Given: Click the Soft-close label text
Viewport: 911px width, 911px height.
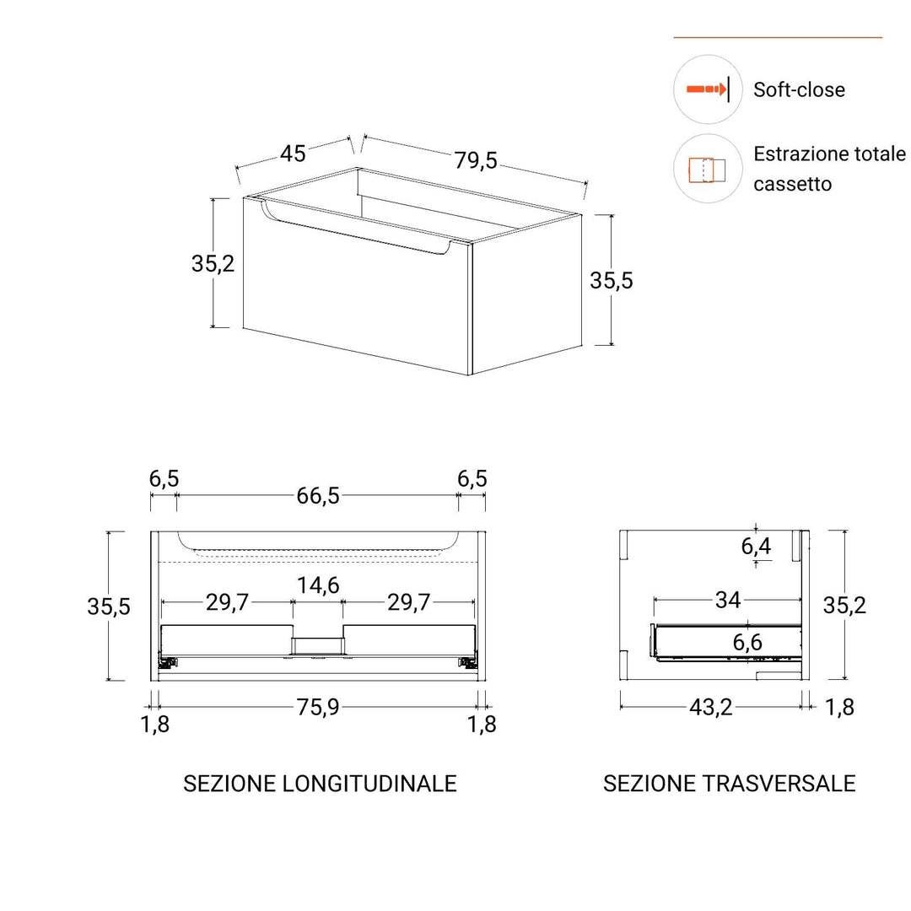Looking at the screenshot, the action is click(x=799, y=89).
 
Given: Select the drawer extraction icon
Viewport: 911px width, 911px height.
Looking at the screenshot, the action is click(x=707, y=170).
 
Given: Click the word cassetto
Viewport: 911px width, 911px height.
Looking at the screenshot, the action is click(x=792, y=184).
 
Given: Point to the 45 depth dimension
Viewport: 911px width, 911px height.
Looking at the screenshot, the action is click(x=293, y=154).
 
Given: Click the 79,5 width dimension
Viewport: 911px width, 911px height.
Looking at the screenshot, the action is click(x=476, y=160).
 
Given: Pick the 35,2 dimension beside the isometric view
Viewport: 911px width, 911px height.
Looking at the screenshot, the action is click(x=213, y=264).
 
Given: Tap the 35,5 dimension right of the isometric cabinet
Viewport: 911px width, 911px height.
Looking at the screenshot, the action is click(x=612, y=281).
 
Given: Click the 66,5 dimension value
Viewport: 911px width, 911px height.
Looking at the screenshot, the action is click(x=318, y=496).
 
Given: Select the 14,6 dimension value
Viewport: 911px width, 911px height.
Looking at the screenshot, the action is click(x=318, y=585).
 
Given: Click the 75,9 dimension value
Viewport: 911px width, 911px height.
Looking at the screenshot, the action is click(x=318, y=707).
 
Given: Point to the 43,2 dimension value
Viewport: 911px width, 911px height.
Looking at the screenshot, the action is click(x=710, y=707).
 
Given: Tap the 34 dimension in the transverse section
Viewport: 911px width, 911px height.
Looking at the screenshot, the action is click(x=728, y=600).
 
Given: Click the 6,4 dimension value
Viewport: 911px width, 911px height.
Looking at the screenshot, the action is click(x=756, y=546).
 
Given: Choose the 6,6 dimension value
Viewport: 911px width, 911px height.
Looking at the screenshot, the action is click(x=747, y=642).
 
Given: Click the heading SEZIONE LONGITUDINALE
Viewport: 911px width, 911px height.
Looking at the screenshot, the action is click(x=321, y=784).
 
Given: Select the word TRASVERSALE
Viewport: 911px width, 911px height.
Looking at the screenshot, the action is click(x=779, y=784).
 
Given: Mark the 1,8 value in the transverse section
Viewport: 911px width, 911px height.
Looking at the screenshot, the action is click(x=839, y=707).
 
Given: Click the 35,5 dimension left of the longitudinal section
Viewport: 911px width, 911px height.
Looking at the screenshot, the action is click(x=109, y=606).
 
